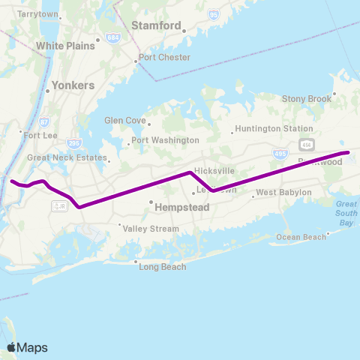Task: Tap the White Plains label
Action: coord(66,46)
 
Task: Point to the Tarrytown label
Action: coord(37,14)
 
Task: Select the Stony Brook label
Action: coord(306,98)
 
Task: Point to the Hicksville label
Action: coord(214,170)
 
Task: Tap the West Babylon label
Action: coord(283,193)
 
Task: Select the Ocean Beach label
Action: coord(301,238)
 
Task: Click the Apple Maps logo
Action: coord(27,347)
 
